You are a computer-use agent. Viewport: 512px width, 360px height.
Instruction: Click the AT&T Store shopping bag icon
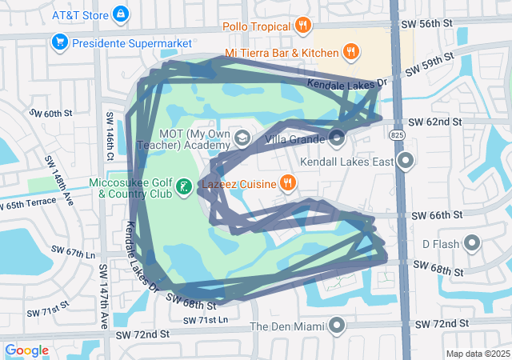[x=120, y=14]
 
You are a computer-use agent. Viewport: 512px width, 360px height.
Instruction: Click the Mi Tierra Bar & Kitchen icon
[x=350, y=53]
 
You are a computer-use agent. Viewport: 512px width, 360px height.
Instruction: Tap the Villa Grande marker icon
[x=337, y=139]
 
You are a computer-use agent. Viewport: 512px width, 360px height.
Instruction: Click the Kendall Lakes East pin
[x=406, y=162]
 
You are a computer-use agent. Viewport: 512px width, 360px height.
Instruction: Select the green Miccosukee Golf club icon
[x=185, y=188]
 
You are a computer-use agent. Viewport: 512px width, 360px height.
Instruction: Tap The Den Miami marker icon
[x=337, y=326]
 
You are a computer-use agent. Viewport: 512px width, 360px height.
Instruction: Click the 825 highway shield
[x=398, y=137]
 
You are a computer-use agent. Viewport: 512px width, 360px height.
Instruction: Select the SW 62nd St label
[x=435, y=122]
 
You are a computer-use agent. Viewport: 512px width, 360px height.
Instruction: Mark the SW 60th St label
[x=52, y=114]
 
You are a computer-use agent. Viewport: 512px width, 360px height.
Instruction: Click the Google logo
[x=26, y=350]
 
